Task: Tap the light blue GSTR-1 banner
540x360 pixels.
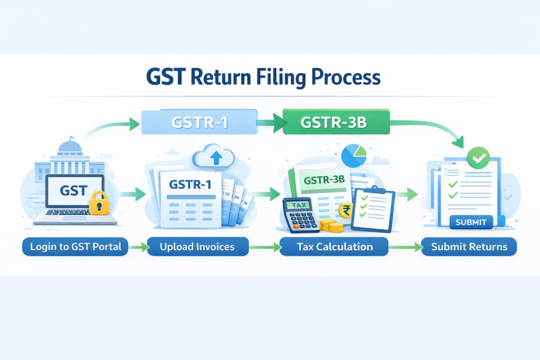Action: [x=199, y=122]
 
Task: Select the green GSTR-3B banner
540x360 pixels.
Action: [x=335, y=122]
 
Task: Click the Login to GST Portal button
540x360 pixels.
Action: [x=75, y=247]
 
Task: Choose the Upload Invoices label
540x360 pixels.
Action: [x=197, y=247]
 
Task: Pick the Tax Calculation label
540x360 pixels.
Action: [x=334, y=247]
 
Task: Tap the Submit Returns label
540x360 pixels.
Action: [x=469, y=247]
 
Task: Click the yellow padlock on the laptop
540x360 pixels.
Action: [x=99, y=203]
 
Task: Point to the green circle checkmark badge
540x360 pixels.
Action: [x=478, y=157]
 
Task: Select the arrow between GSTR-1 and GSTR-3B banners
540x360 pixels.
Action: [x=269, y=123]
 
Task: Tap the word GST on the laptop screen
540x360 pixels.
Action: [x=74, y=190]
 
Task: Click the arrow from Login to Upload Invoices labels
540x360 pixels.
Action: [x=138, y=247]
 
